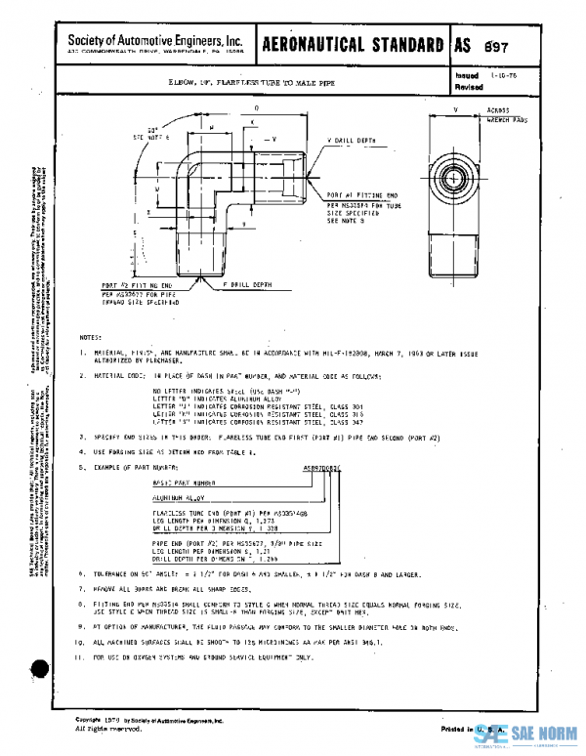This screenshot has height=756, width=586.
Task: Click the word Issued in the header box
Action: click(x=466, y=74)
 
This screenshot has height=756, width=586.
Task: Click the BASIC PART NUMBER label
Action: click(x=183, y=483)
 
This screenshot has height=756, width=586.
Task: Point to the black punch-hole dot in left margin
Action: click(x=40, y=670)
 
